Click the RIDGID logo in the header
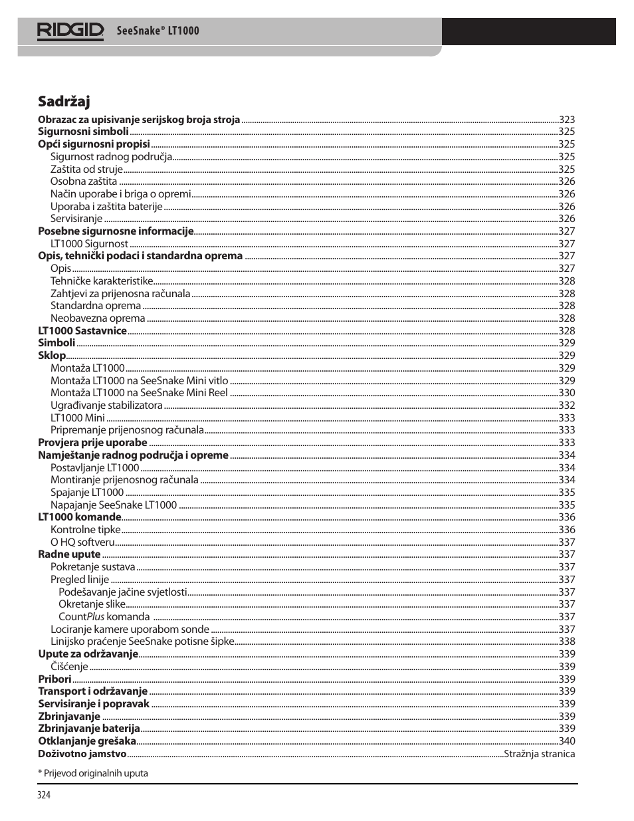70,31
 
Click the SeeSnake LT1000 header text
158,31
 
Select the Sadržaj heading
64,102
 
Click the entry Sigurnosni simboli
83,132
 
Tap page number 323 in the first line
567,120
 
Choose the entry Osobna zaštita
84,181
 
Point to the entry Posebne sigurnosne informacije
116,231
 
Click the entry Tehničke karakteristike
102,281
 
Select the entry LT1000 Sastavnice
82,331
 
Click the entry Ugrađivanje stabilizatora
106,406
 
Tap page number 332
567,406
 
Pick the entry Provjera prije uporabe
92,443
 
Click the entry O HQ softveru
82,542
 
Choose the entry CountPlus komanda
104,617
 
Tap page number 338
567,642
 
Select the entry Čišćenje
69,667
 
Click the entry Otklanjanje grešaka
87,741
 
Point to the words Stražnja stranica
539,754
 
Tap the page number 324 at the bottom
44,795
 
